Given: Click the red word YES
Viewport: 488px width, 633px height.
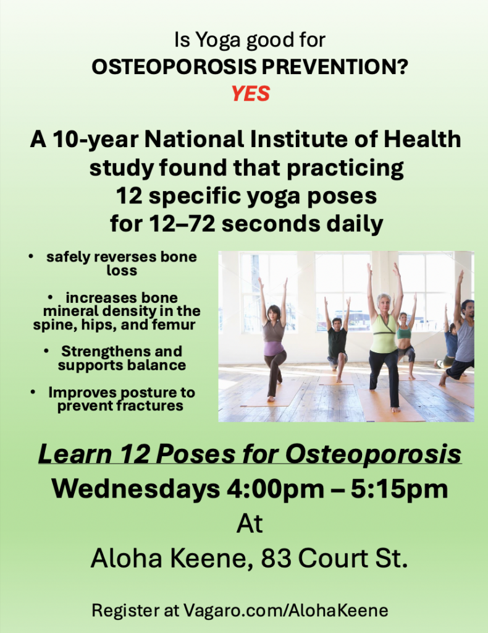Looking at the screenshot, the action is click(250, 94).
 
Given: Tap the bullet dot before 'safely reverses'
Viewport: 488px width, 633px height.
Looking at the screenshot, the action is click(31, 256).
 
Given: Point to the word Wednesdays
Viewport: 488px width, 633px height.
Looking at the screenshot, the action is click(135, 490).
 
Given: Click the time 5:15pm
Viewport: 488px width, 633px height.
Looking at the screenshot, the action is click(399, 490).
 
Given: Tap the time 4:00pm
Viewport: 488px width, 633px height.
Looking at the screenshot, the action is click(276, 490).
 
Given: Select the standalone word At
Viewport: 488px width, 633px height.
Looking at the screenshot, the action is click(250, 524).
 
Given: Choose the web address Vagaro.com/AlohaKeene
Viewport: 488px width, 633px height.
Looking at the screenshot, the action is click(286, 610).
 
